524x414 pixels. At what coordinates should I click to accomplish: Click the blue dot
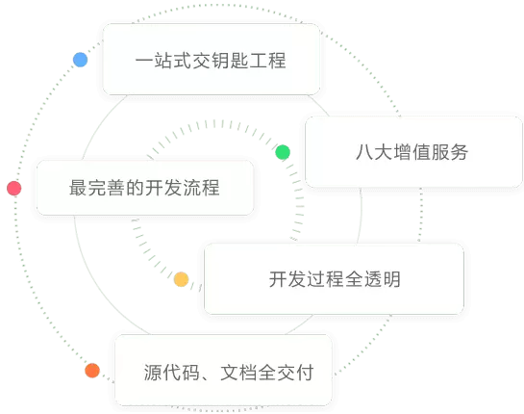[80, 60]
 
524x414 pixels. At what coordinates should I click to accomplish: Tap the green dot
[283, 152]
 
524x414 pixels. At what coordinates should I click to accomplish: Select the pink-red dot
[14, 188]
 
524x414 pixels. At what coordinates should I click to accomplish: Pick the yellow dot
[182, 279]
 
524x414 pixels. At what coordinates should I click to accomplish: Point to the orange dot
[92, 371]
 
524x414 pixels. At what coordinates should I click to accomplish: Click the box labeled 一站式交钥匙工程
[212, 60]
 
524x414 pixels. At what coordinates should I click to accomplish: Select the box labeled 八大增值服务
[413, 152]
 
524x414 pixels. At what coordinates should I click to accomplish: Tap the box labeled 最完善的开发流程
[145, 188]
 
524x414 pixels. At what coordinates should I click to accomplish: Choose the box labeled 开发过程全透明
[335, 279]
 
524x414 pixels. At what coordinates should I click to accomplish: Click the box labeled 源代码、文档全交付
[224, 370]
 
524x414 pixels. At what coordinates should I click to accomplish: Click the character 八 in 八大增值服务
[364, 152]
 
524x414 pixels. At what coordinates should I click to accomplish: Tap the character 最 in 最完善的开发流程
[78, 188]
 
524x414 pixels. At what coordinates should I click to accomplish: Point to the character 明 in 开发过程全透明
[391, 279]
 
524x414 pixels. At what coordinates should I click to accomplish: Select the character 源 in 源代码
[153, 373]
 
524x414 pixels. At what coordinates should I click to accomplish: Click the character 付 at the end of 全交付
[305, 373]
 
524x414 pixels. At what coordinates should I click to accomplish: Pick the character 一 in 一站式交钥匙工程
[144, 61]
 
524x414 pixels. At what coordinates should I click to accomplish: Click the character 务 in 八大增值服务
[459, 152]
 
